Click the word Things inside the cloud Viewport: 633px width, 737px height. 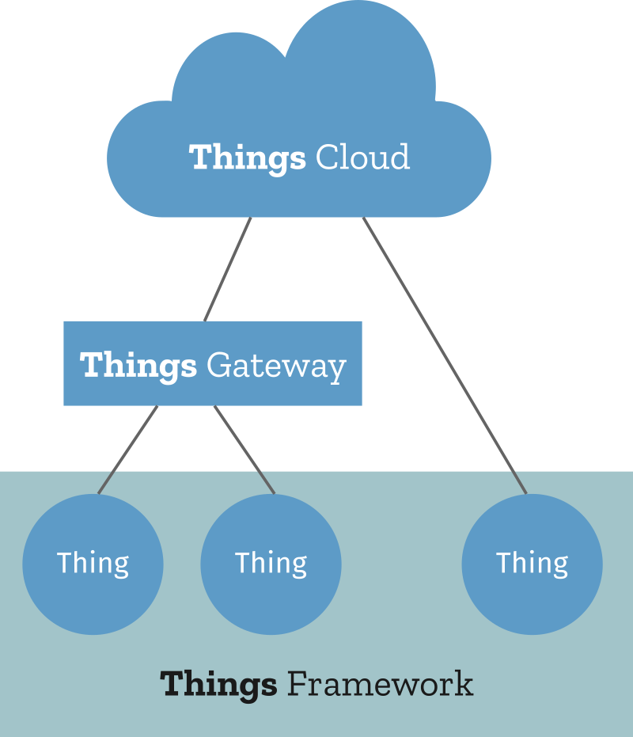[x=247, y=158]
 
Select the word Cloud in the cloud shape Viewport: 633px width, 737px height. [x=362, y=157]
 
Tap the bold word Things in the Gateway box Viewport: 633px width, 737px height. [x=138, y=366]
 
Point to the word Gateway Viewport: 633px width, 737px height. [x=276, y=366]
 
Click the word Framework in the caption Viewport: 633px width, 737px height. [x=380, y=683]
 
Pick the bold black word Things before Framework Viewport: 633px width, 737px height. [x=218, y=684]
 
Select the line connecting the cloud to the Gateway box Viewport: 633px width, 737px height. [x=228, y=269]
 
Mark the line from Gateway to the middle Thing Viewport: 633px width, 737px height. [x=244, y=450]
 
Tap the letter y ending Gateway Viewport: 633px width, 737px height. [x=338, y=369]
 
